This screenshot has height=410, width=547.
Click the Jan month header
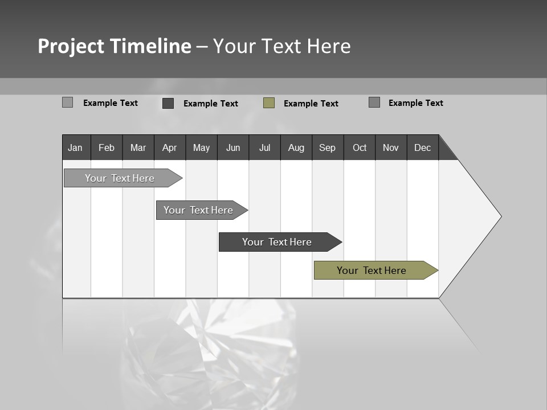click(76, 147)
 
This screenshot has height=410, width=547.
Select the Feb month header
click(107, 147)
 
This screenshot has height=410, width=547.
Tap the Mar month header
click(138, 147)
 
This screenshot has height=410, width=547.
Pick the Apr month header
click(170, 147)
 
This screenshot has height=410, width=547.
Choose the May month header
click(201, 147)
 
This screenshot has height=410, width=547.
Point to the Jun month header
click(233, 147)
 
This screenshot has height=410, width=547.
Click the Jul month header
click(264, 147)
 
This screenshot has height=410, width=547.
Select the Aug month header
click(296, 147)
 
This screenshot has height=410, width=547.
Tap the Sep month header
click(328, 147)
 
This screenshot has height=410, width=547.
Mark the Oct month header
click(360, 147)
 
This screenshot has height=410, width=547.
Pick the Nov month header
click(391, 147)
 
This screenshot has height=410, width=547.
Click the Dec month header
click(423, 147)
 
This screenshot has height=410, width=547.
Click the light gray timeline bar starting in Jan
click(120, 178)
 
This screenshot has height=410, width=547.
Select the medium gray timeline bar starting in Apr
click(198, 210)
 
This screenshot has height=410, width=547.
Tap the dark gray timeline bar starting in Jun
click(277, 242)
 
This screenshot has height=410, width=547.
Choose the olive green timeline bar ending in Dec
click(372, 270)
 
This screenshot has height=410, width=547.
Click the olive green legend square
click(269, 103)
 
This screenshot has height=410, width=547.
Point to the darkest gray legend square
click(168, 103)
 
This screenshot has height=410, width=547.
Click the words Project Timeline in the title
click(115, 46)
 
